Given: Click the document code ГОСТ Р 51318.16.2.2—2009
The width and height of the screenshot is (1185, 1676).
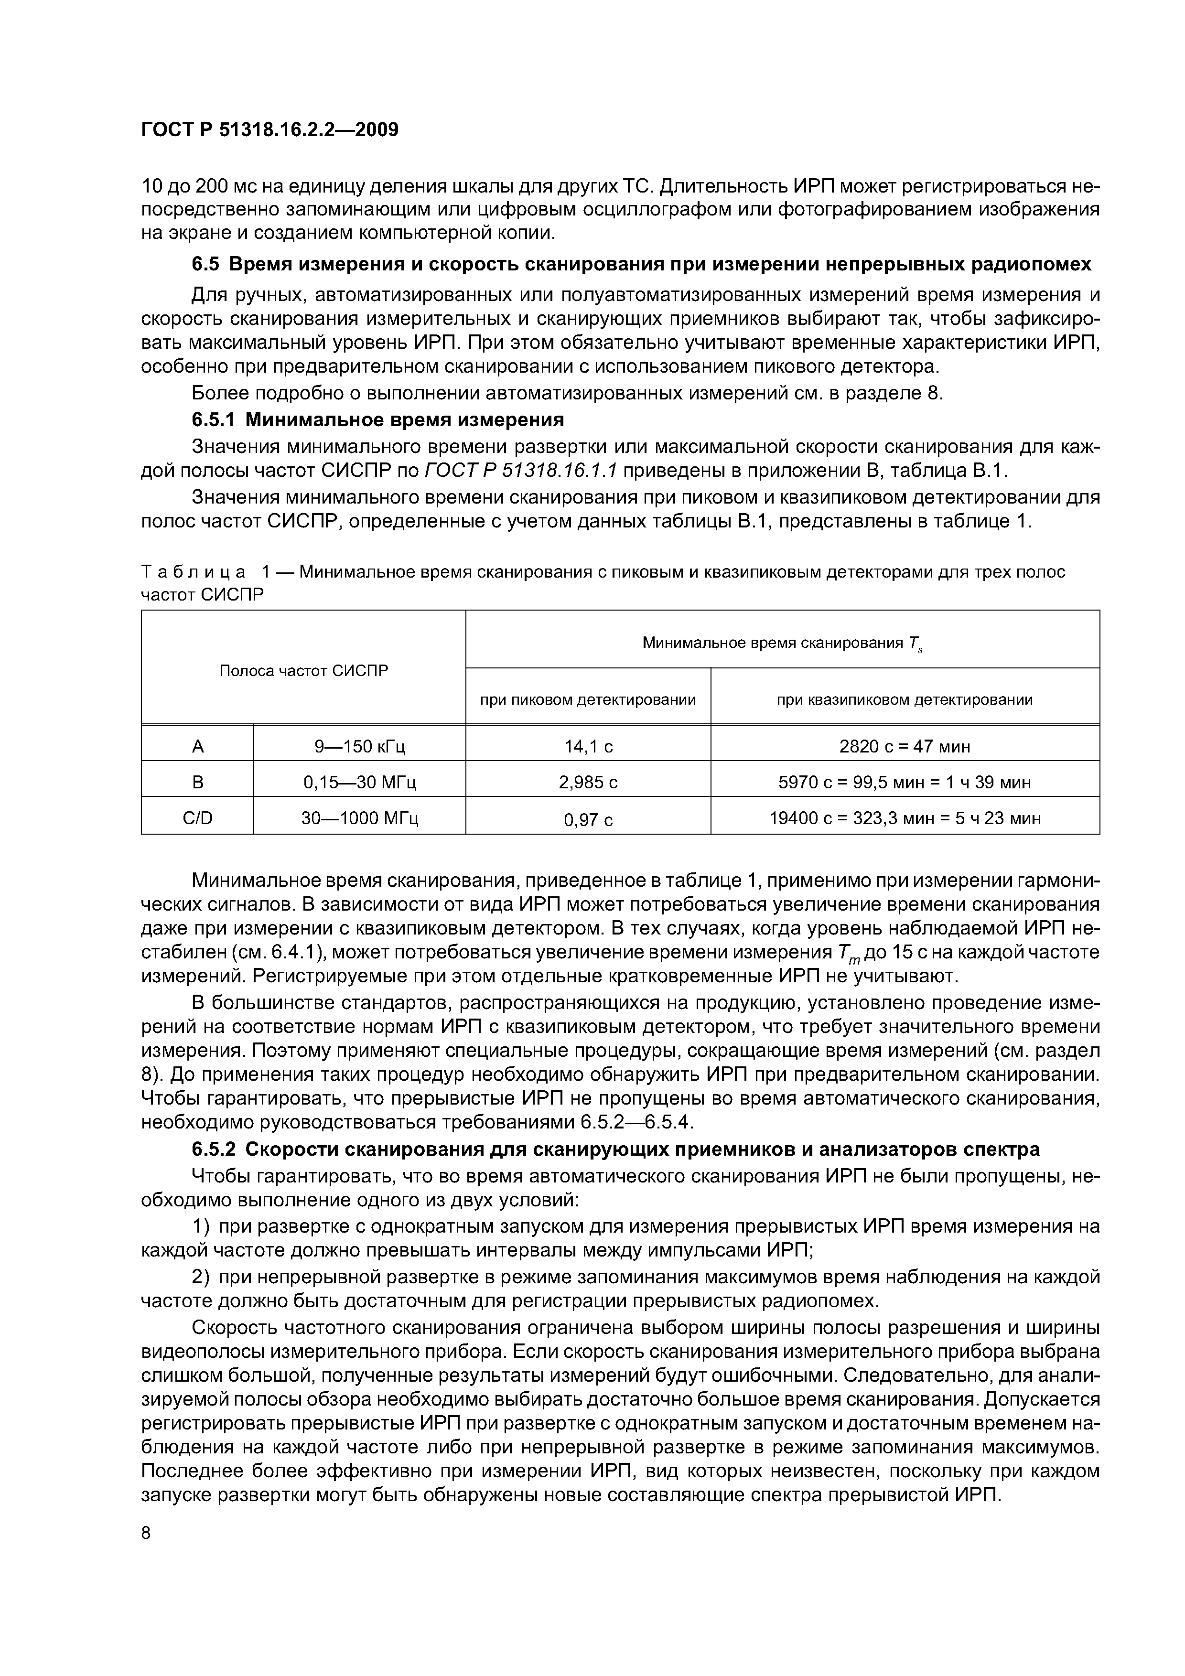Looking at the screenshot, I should click(269, 130).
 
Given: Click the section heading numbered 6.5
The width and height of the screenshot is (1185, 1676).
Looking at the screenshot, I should click(641, 264).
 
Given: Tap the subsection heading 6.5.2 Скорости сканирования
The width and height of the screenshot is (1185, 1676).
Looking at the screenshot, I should click(615, 1148).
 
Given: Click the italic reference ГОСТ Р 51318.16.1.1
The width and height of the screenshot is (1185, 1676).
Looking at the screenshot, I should click(520, 471).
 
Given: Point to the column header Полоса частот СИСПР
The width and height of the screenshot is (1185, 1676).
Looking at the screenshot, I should click(304, 670).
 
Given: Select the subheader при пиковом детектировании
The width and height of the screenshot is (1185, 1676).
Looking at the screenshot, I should click(588, 700).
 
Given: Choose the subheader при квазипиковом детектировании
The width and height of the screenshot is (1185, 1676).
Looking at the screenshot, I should click(904, 700).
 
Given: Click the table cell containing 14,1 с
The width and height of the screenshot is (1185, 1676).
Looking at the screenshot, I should click(588, 747).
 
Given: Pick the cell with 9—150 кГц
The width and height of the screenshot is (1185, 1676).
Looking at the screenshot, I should click(359, 747).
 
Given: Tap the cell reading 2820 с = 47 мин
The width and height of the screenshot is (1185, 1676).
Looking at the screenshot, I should click(904, 747).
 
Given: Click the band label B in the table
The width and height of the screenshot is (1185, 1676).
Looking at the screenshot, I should click(197, 783).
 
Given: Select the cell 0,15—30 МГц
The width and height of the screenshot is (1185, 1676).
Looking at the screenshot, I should click(359, 783).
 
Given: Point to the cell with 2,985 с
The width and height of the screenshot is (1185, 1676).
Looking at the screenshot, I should click(588, 783).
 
